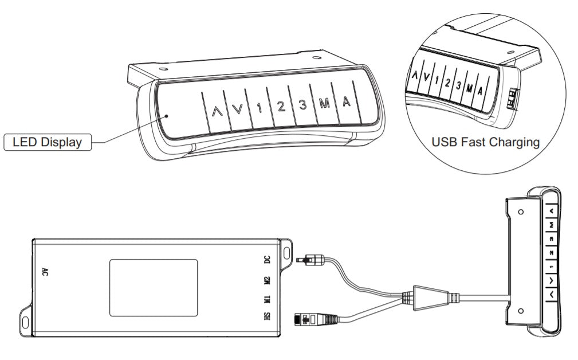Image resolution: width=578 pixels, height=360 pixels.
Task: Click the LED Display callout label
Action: point(48,142)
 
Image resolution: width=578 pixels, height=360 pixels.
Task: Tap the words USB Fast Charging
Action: point(485,142)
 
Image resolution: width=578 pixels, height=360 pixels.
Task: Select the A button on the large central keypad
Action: point(346,102)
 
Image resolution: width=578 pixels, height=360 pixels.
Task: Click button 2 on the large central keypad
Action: point(281,107)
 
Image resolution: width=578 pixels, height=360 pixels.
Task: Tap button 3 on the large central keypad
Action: point(302,105)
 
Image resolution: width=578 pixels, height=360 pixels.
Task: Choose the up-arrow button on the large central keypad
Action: point(217,111)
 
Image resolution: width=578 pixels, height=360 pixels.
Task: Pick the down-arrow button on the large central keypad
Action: point(238,109)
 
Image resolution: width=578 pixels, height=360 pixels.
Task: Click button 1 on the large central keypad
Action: point(259,108)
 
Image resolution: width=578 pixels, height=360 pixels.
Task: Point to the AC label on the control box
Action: point(45,272)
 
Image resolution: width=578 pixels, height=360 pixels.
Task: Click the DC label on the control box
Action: point(268,260)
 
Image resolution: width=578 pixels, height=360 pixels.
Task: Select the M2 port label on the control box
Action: point(268,281)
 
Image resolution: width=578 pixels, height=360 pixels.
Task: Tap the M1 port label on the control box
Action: point(268,299)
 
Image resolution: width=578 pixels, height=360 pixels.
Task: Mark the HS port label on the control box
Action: point(268,316)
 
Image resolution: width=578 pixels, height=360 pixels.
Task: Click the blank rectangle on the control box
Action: point(154,288)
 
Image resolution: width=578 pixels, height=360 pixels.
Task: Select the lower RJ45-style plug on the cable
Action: point(316,319)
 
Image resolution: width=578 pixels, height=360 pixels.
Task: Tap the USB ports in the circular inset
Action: point(513,99)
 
